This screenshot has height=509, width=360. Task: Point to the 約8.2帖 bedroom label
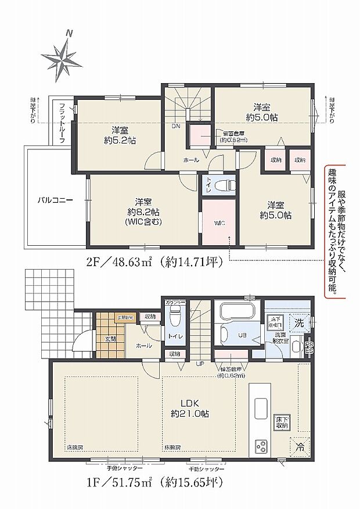point(139,211)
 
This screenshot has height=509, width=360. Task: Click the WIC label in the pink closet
point(218,222)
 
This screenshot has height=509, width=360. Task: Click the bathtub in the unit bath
point(239,312)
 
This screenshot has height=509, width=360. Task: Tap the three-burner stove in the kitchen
point(261,447)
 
